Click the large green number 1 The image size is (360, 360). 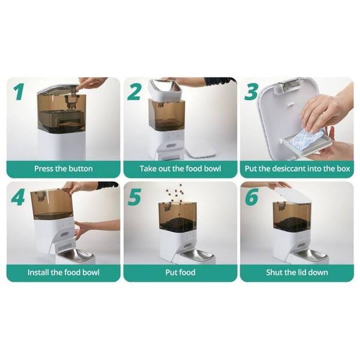(x=19, y=92)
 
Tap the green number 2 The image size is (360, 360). (x=134, y=91)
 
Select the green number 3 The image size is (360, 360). (x=251, y=92)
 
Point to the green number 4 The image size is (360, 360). (x=18, y=197)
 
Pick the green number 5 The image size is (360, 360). (x=134, y=197)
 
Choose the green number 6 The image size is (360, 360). (x=251, y=197)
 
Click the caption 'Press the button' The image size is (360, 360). (x=64, y=169)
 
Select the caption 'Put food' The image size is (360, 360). (x=180, y=272)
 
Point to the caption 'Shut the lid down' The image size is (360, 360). (x=297, y=272)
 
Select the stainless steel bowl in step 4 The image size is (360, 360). (x=75, y=254)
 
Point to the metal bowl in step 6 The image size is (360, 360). (x=310, y=254)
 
